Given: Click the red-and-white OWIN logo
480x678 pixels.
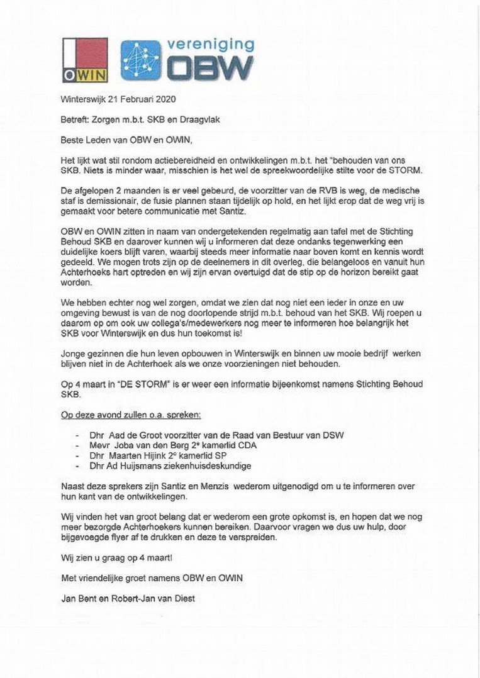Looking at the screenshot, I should point(84,60).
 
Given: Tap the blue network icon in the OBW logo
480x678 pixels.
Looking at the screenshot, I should point(140,60).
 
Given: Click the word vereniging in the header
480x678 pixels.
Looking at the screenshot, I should point(210,45).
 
